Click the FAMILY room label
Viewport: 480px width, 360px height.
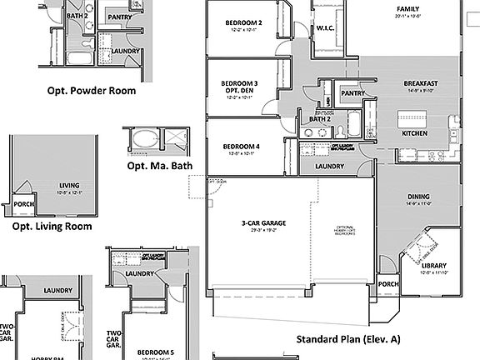(x=407, y=9)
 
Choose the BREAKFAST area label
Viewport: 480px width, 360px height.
(x=422, y=83)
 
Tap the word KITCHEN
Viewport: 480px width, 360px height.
(x=415, y=133)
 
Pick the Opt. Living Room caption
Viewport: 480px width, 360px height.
(x=52, y=226)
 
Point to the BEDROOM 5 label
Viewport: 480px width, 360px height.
(x=155, y=352)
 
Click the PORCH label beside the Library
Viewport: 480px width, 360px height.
(x=388, y=283)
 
